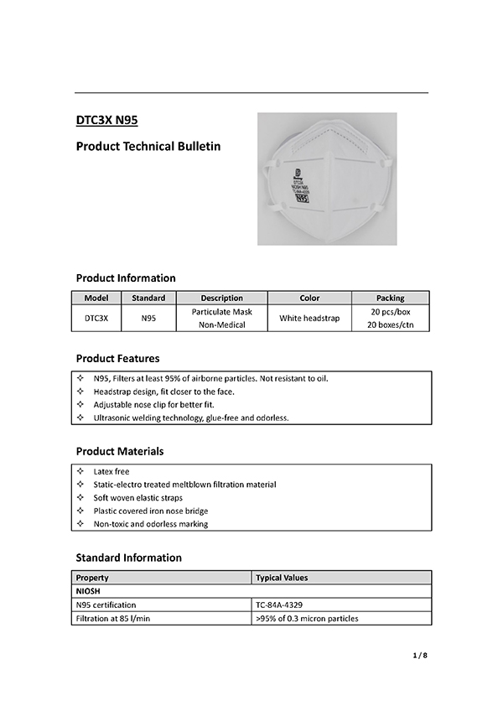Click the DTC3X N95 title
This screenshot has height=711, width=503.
tap(106, 120)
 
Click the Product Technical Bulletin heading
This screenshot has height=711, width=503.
tap(148, 147)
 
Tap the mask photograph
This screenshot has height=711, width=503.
tap(314, 179)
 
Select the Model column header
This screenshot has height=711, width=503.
tap(98, 298)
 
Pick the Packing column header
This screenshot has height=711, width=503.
tap(390, 298)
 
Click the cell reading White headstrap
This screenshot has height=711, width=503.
tap(309, 318)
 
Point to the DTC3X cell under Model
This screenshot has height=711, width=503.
tap(98, 318)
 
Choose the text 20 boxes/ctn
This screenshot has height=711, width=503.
tap(390, 324)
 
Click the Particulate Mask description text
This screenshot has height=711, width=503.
tap(221, 311)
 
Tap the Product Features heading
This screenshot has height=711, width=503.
tap(117, 359)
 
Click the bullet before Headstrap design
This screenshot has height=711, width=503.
tap(80, 392)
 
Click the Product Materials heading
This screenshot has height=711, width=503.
tap(120, 451)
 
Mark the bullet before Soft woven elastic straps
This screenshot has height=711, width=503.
tap(80, 498)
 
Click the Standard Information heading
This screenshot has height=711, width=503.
tap(128, 558)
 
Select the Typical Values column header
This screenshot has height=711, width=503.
tap(282, 578)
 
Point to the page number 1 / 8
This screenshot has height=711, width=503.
tap(420, 656)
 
